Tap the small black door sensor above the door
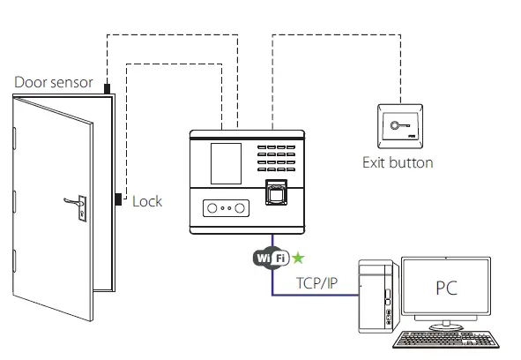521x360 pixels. tap(107, 88)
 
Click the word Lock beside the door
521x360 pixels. tap(147, 201)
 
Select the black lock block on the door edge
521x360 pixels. tap(117, 199)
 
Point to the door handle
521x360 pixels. tap(73, 204)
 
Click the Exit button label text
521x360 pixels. tap(398, 162)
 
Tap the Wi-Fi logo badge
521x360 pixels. tap(272, 258)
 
